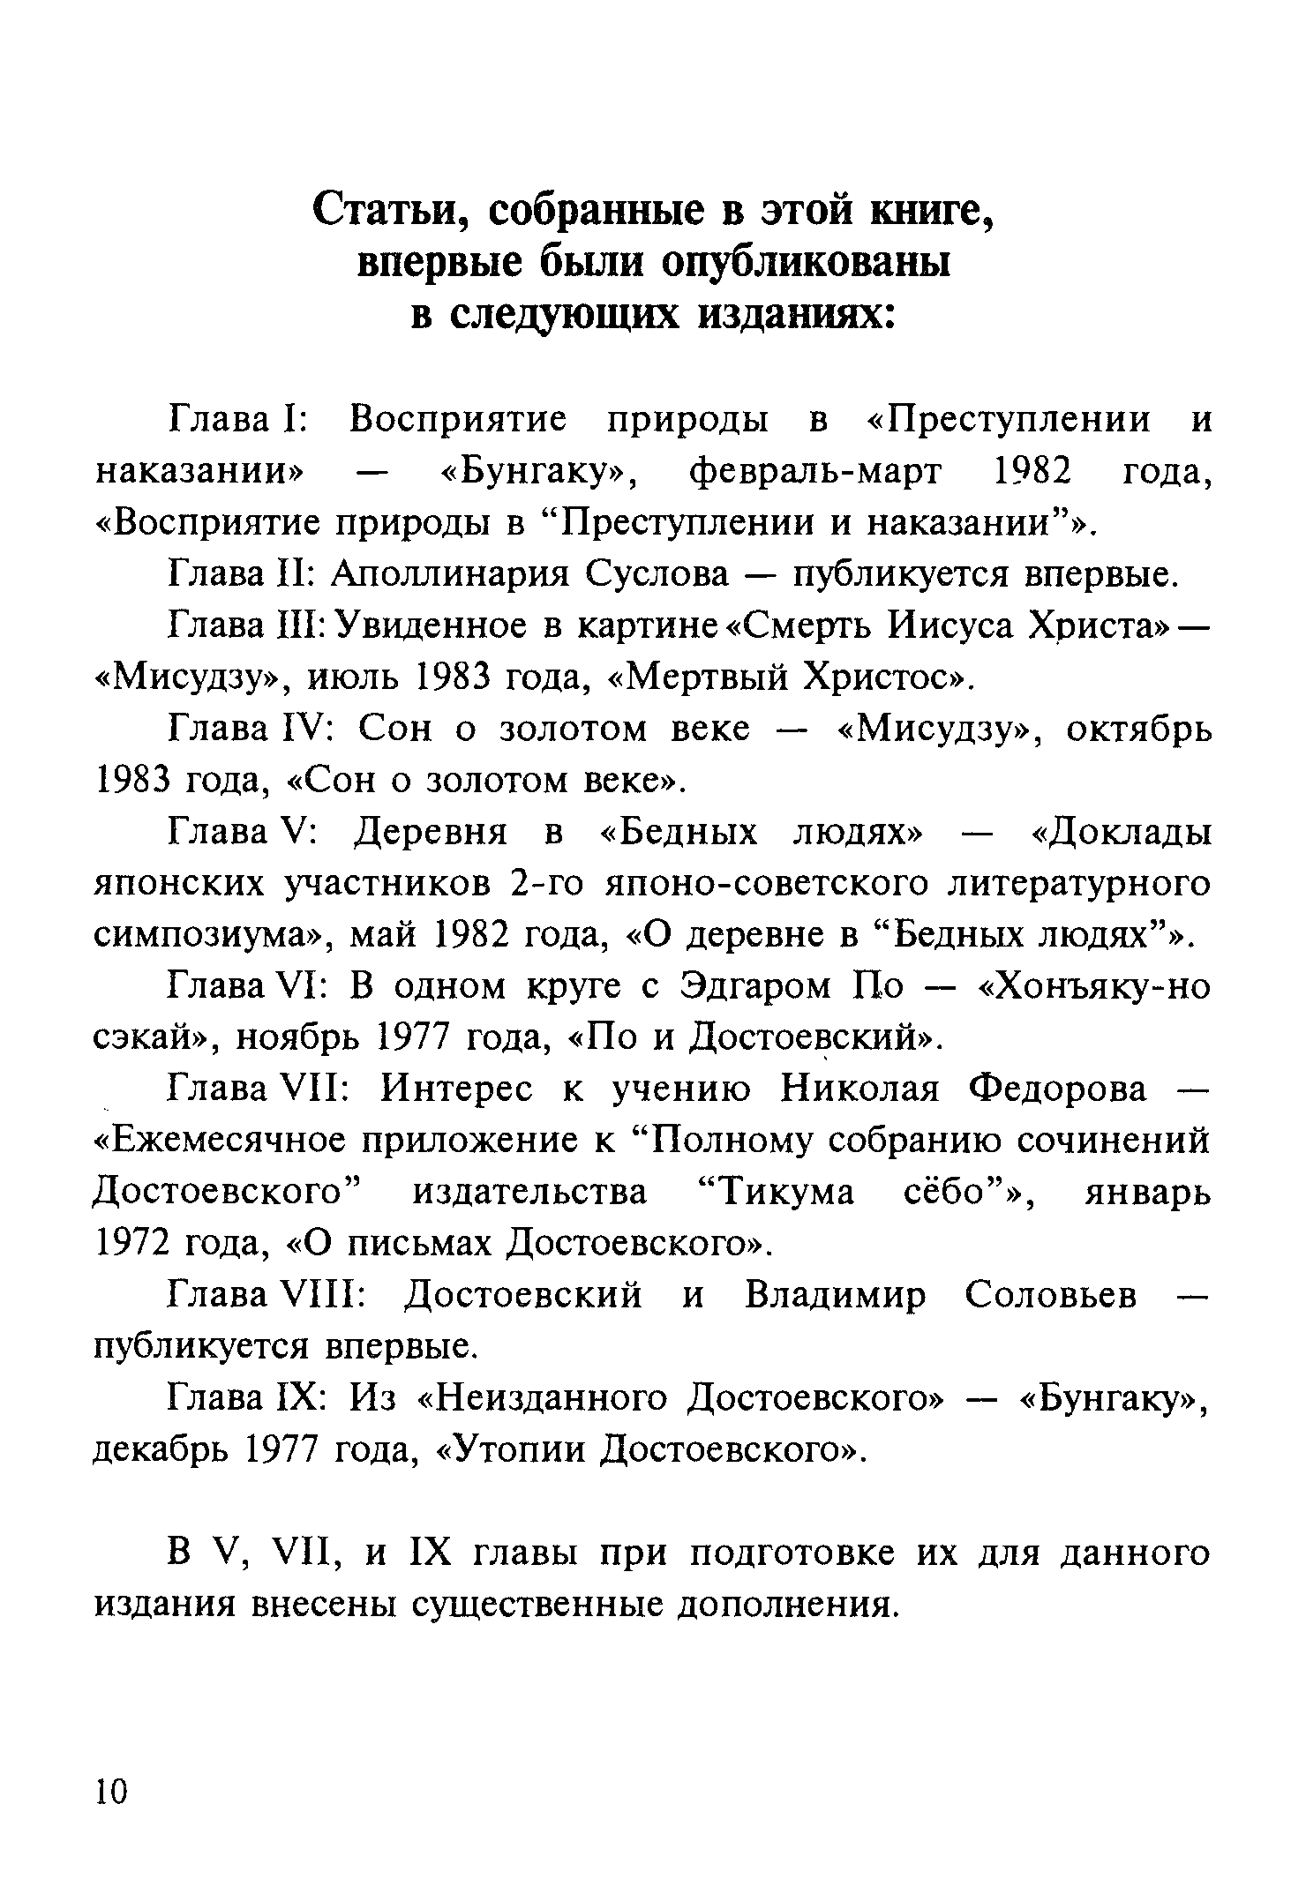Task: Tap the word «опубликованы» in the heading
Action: coord(805,263)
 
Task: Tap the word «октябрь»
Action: coord(1138,729)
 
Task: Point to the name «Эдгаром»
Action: coord(756,986)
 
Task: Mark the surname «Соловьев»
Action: coord(1050,1295)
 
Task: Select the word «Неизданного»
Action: coord(542,1398)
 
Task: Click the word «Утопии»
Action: coord(512,1449)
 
